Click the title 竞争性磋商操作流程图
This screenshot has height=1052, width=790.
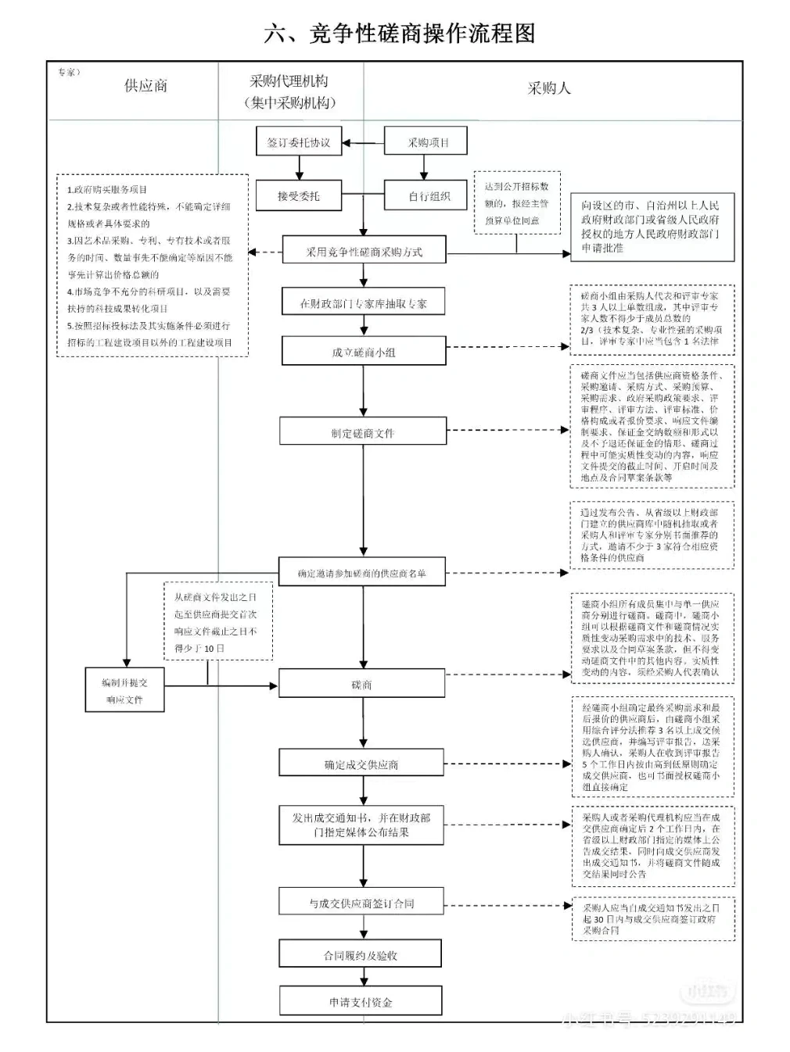pyautogui.click(x=399, y=33)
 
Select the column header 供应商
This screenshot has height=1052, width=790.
pyautogui.click(x=145, y=86)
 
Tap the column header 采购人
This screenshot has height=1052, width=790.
pyautogui.click(x=549, y=88)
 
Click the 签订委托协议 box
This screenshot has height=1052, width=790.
pyautogui.click(x=299, y=143)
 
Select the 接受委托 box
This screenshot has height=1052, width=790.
pyautogui.click(x=299, y=195)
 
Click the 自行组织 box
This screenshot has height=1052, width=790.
pyautogui.click(x=429, y=195)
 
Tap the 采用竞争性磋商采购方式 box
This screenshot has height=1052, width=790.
pyautogui.click(x=364, y=252)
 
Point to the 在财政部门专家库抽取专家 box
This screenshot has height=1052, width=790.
pyautogui.click(x=364, y=303)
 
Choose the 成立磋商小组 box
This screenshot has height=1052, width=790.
pyautogui.click(x=364, y=352)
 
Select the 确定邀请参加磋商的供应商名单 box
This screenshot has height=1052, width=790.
pyautogui.click(x=361, y=573)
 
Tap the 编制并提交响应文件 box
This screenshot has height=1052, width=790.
pyautogui.click(x=124, y=691)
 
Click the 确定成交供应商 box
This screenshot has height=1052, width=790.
pyautogui.click(x=361, y=764)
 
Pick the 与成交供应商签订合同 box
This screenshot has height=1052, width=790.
pyautogui.click(x=361, y=903)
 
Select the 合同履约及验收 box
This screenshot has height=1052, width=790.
pyautogui.click(x=361, y=955)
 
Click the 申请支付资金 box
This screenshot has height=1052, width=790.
pyautogui.click(x=361, y=1002)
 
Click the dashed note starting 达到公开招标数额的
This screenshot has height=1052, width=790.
pyautogui.click(x=516, y=203)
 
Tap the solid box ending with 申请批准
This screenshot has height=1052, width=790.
pyautogui.click(x=652, y=227)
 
